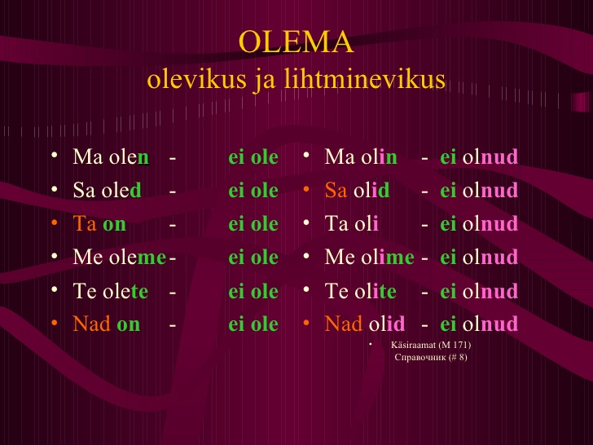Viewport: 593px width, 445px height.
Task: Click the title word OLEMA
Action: click(296, 42)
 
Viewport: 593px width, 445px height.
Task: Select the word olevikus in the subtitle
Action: click(196, 80)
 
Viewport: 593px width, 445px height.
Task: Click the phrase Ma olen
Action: click(111, 156)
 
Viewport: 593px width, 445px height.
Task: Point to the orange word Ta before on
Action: click(85, 223)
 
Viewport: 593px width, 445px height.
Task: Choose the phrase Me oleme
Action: click(120, 257)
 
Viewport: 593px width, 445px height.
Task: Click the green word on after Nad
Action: click(129, 325)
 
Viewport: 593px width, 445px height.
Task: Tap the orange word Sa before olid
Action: click(336, 190)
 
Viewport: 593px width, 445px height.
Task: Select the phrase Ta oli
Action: click(351, 223)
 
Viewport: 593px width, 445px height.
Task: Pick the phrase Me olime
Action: click(370, 257)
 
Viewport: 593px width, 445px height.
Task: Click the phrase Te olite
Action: click(360, 291)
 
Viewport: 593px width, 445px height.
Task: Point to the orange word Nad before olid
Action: click(344, 324)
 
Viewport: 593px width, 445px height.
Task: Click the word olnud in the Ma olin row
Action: click(490, 156)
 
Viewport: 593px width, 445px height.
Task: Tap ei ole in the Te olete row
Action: click(253, 291)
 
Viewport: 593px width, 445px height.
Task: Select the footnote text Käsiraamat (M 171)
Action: click(431, 345)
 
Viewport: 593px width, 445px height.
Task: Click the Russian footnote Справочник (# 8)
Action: click(431, 357)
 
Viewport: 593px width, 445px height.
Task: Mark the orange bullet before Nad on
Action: click(55, 323)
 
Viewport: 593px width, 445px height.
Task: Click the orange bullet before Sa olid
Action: click(306, 188)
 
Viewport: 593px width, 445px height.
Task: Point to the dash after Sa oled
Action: click(173, 192)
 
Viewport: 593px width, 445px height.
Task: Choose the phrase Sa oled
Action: click(107, 190)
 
